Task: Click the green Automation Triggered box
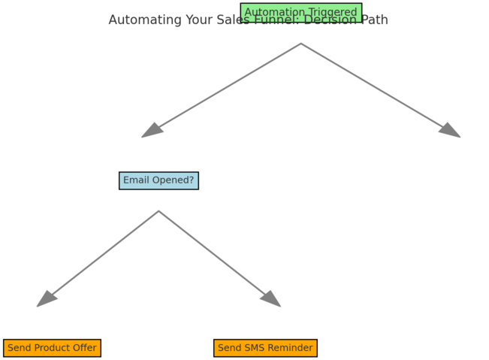pos(300,13)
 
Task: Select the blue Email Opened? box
pos(158,180)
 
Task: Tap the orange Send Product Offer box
pos(52,348)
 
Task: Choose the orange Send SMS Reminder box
pos(265,348)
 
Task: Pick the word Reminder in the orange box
pos(291,348)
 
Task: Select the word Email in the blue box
pos(137,180)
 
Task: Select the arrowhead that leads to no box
pos(451,131)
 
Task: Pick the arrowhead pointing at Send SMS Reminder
pos(271,299)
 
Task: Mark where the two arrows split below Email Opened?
pos(158,211)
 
